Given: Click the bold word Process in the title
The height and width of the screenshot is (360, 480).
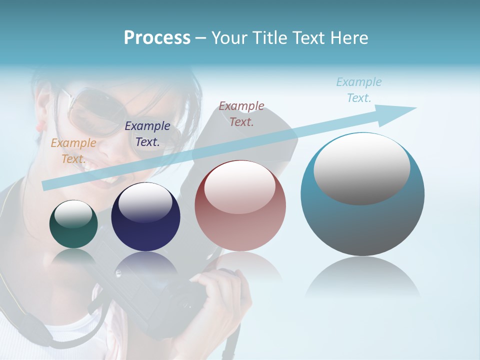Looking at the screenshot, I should [157, 38].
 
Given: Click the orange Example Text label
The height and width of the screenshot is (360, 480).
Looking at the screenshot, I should [73, 150].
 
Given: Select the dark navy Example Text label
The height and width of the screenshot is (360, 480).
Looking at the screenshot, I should [147, 133].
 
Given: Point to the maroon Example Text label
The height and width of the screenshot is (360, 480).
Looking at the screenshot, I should [241, 113].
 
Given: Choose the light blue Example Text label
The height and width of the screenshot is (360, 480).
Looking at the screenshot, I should [359, 89].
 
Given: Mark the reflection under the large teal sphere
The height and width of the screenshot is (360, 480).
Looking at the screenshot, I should [362, 277].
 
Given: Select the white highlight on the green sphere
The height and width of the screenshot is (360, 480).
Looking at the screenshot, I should [73, 214].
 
